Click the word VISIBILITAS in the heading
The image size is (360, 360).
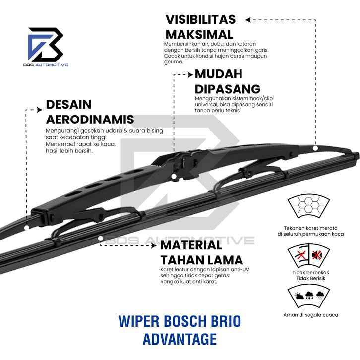tap(200, 20)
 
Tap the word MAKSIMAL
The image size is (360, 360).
tap(199, 35)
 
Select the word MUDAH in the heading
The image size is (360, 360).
tap(218, 74)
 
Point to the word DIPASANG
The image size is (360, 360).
tap(227, 89)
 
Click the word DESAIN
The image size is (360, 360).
tap(68, 105)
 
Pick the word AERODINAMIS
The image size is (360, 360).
tap(90, 120)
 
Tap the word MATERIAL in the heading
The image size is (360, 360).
tap(191, 245)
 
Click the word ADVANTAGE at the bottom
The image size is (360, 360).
tap(180, 339)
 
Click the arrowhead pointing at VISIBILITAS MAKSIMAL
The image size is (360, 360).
tap(248, 20)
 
